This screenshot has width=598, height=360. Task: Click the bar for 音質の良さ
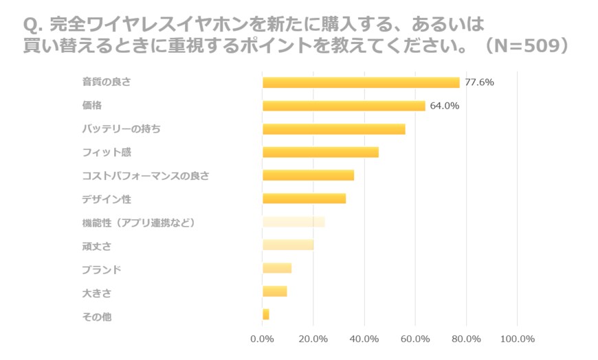361,82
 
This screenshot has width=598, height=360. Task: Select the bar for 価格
344,106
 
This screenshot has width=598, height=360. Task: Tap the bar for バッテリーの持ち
333,129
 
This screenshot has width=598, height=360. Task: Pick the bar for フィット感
320,152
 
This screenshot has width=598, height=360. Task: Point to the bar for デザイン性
304,199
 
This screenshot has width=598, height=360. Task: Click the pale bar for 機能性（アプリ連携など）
294,222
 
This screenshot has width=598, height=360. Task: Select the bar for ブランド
277,268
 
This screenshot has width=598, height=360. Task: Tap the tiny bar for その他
266,314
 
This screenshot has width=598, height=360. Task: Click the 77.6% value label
479,82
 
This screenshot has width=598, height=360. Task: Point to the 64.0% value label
445,106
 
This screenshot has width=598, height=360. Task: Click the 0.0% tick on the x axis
263,339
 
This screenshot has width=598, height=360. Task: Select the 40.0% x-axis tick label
364,339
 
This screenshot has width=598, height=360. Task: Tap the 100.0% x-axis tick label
517,339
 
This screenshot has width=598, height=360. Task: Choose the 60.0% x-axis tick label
415,339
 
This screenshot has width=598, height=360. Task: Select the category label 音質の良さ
107,82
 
